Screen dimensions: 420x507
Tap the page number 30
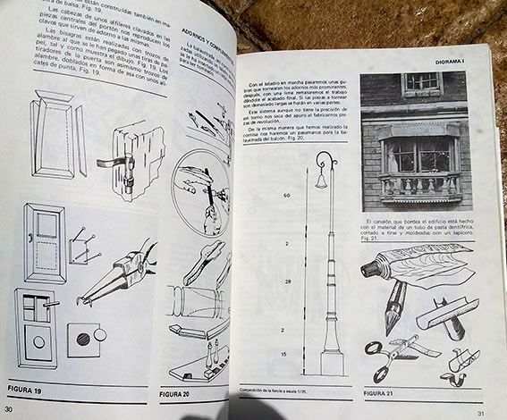coord(10,408)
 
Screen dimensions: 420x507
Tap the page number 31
coord(480,413)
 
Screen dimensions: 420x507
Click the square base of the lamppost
coord(332,361)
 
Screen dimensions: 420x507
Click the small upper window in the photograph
coord(421,84)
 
